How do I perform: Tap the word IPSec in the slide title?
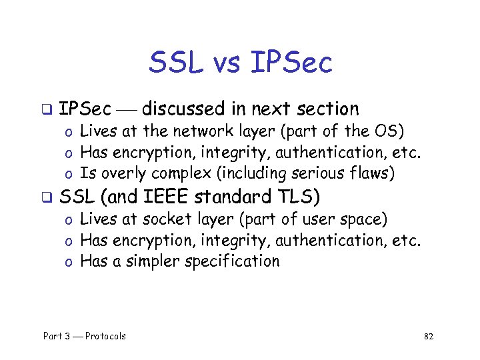pyautogui.click(x=291, y=63)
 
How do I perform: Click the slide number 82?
pyautogui.click(x=429, y=336)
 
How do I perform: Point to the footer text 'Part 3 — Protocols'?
pyautogui.click(x=85, y=335)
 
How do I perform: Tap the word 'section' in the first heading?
pyautogui.click(x=327, y=108)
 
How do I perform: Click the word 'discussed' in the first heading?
pyautogui.click(x=183, y=108)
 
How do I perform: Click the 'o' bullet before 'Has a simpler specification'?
pyautogui.click(x=68, y=262)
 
